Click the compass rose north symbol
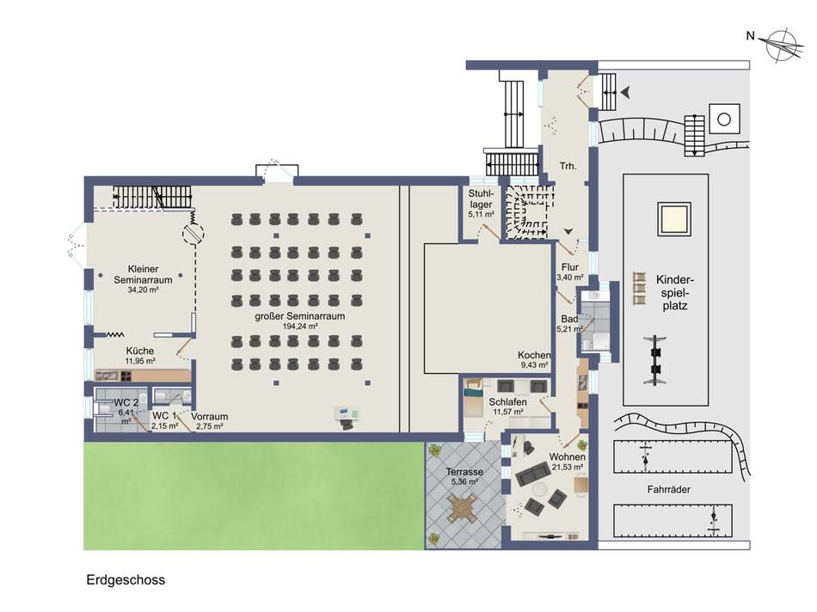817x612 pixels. (781, 45)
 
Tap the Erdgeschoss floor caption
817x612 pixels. (126, 579)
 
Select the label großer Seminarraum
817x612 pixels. (299, 316)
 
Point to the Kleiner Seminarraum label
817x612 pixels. (144, 274)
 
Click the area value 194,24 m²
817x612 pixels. (300, 327)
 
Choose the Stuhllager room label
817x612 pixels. (481, 199)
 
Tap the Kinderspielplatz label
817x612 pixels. (675, 293)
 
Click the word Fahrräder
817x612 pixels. (669, 490)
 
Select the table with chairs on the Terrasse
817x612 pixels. (462, 508)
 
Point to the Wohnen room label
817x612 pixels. (567, 456)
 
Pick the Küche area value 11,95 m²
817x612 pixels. (140, 361)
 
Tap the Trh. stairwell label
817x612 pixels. (568, 166)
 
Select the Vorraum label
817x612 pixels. (210, 417)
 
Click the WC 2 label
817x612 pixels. (126, 402)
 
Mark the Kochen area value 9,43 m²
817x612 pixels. (535, 365)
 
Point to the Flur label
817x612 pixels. (570, 267)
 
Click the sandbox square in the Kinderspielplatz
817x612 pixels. (673, 219)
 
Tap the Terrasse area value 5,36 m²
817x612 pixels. (464, 482)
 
